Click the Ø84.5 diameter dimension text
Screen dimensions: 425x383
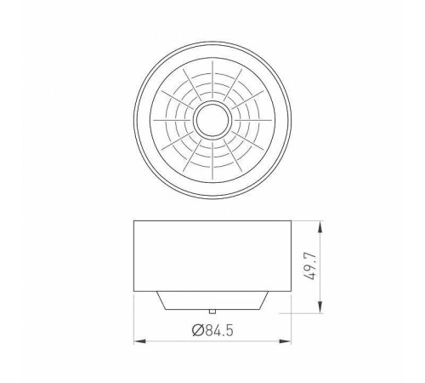tap(212, 330)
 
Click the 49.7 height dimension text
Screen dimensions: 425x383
tap(310, 266)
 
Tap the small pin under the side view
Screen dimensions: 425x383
tap(212, 312)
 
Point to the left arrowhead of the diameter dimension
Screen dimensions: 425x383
tap(139, 341)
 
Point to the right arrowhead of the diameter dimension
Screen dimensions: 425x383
tap(285, 341)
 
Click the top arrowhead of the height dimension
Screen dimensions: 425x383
tap(320, 227)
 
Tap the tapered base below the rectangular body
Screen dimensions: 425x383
tap(212, 300)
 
